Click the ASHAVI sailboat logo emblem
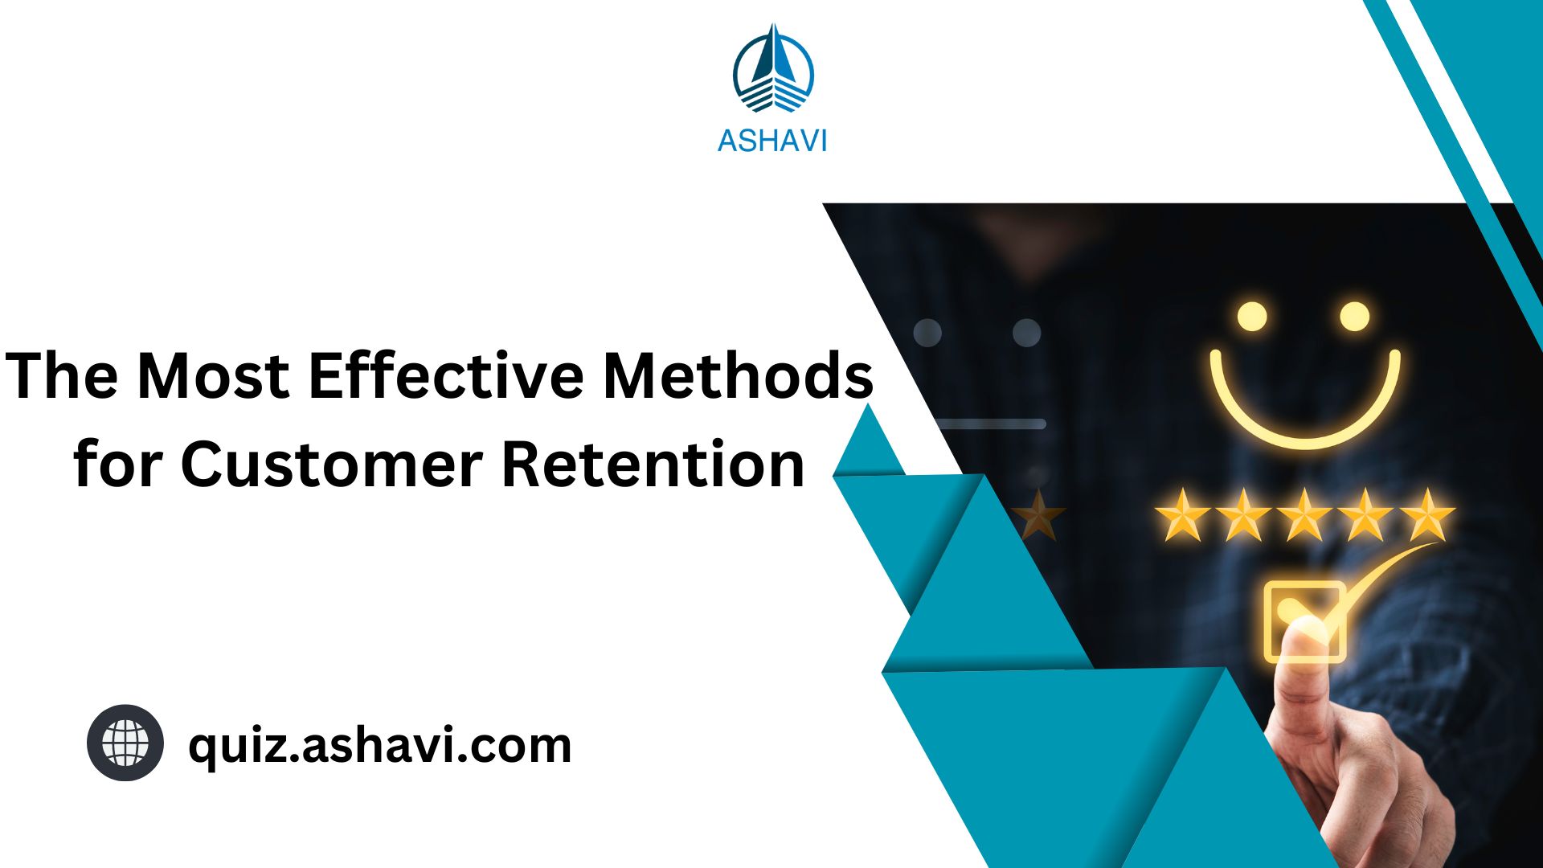click(773, 70)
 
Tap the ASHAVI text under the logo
click(771, 141)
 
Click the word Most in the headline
click(213, 375)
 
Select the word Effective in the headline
click(446, 375)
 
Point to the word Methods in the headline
click(738, 375)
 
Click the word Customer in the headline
click(331, 465)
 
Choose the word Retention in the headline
click(653, 465)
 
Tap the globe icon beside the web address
click(125, 743)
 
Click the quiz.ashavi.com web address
click(379, 745)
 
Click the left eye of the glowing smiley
click(1251, 316)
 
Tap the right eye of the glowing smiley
click(1354, 316)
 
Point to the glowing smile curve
click(1305, 418)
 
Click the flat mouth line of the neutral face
click(993, 424)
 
